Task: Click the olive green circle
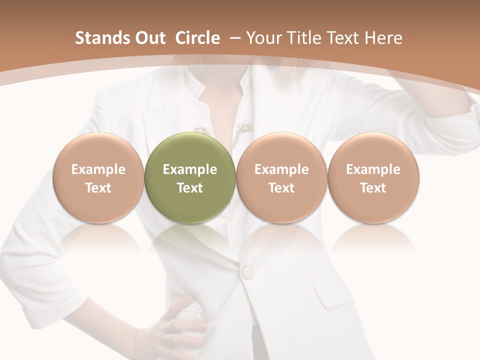pos(189,177)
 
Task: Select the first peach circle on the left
pos(98,177)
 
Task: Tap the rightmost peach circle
pos(373,177)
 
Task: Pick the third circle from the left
pos(281,177)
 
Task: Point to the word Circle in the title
pos(197,38)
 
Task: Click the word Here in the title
pos(383,38)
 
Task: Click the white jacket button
pos(248,272)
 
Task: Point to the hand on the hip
pos(175,325)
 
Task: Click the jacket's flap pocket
pos(332,291)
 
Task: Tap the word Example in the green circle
pos(189,169)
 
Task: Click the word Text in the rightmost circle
pos(373,188)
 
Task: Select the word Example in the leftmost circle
pos(98,169)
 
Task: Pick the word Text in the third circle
pos(281,188)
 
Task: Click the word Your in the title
pos(261,38)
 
